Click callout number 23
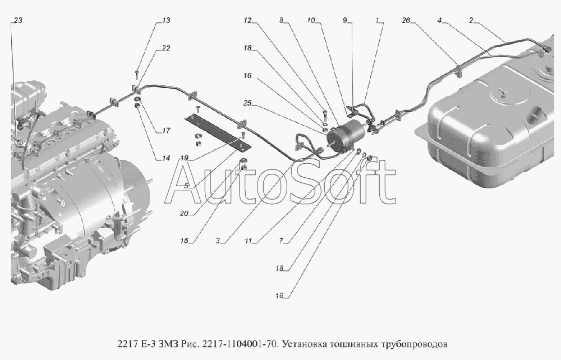pyautogui.click(x=17, y=20)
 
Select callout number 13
pyautogui.click(x=165, y=20)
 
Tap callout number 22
pyautogui.click(x=165, y=48)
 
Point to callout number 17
pyautogui.click(x=165, y=131)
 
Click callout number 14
pyautogui.click(x=165, y=158)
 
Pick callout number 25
pyautogui.click(x=247, y=103)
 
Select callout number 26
pyautogui.click(x=406, y=20)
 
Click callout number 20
pyautogui.click(x=184, y=214)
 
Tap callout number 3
pyautogui.click(x=218, y=241)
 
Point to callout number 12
pyautogui.click(x=247, y=20)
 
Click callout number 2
pyautogui.click(x=471, y=20)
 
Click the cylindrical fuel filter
pyautogui.click(x=342, y=135)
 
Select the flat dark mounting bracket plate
pyautogui.click(x=217, y=132)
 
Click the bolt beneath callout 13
pyautogui.click(x=137, y=75)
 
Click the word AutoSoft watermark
pyautogui.click(x=280, y=182)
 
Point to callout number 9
pyautogui.click(x=345, y=20)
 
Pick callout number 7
pyautogui.click(x=282, y=241)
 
